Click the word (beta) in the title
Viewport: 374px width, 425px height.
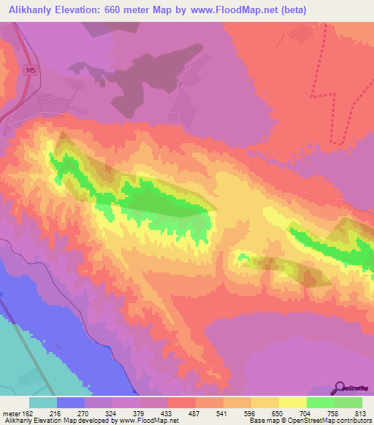291,9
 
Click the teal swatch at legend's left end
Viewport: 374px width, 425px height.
43,402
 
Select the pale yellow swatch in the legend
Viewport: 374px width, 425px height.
293,402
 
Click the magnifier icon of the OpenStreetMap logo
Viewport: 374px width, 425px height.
340,387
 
